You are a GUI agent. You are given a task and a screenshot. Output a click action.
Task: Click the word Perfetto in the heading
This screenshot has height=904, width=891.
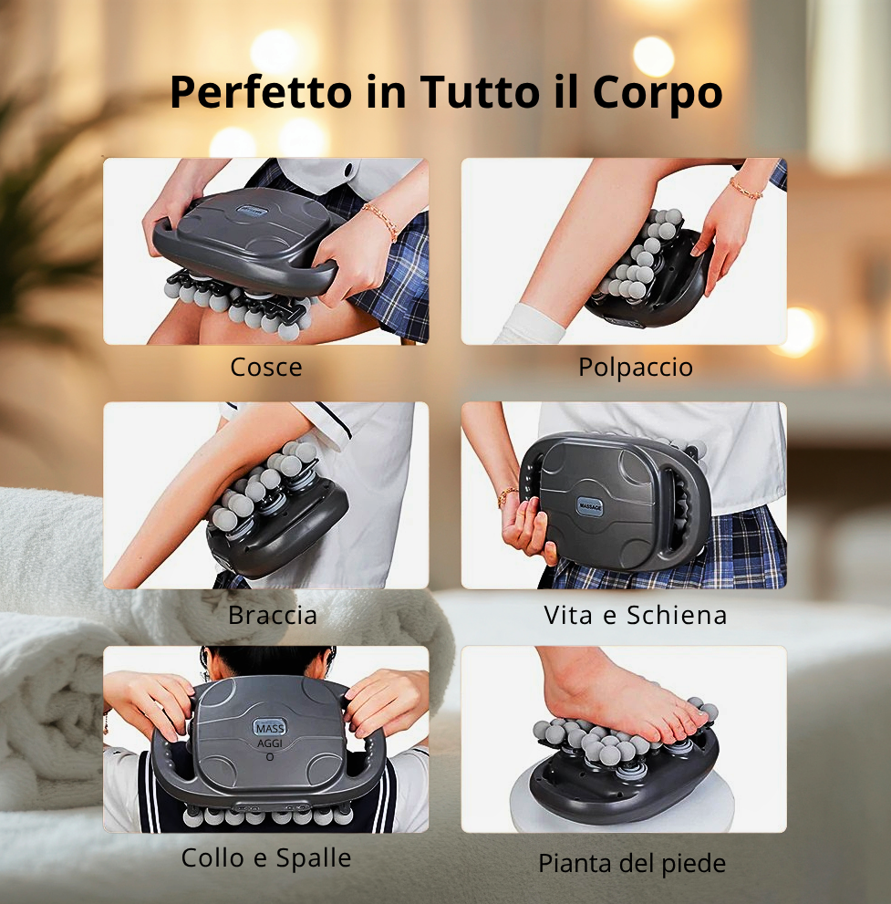click(x=261, y=92)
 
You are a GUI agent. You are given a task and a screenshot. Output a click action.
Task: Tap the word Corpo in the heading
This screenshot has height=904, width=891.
click(x=658, y=92)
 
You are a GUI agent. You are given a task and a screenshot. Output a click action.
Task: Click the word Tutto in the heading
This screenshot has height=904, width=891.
click(x=480, y=91)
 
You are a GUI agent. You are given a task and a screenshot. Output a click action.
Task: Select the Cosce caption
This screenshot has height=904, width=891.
click(x=266, y=367)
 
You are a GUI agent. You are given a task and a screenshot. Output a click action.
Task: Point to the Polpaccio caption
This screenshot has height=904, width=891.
click(x=636, y=367)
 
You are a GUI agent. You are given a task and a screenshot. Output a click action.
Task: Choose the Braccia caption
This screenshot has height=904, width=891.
click(x=273, y=615)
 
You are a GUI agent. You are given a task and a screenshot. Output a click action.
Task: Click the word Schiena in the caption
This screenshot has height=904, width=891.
click(x=677, y=615)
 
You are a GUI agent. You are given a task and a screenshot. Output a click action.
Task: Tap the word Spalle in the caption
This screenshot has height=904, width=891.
click(x=314, y=858)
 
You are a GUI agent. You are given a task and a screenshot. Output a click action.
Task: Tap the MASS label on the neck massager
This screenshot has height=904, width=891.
click(x=270, y=729)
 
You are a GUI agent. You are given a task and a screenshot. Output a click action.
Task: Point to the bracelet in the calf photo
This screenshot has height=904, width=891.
click(x=746, y=189)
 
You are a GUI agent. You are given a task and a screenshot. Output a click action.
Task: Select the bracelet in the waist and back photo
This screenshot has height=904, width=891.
click(x=507, y=494)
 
